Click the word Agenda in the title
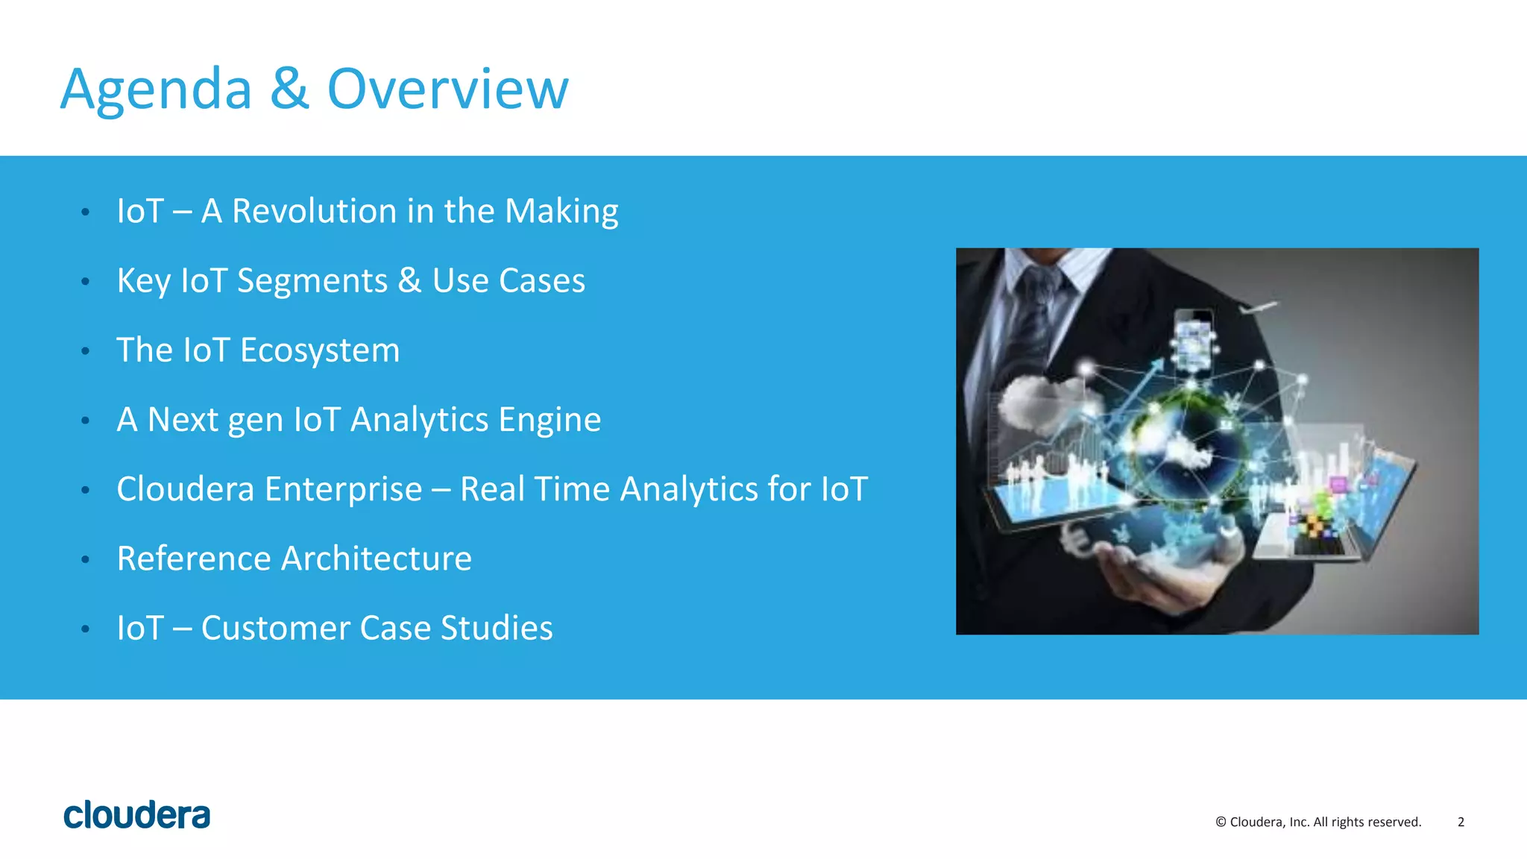(156, 89)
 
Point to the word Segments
(312, 281)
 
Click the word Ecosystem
(320, 350)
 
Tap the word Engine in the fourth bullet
(550, 420)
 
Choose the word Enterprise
(344, 489)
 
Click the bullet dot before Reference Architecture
(86, 559)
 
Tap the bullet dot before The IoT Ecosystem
(86, 351)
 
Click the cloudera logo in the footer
(137, 814)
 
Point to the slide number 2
(1461, 822)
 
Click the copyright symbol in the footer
(1221, 822)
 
